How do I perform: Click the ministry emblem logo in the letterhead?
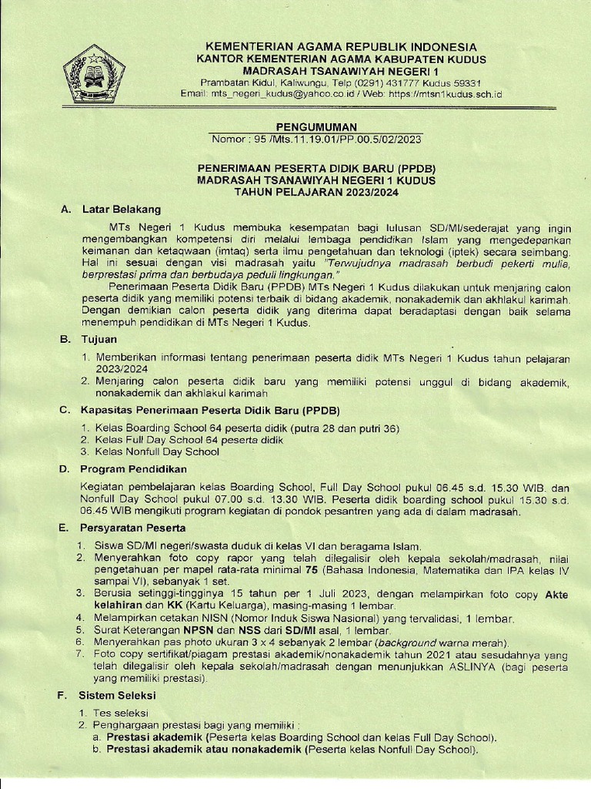(x=94, y=74)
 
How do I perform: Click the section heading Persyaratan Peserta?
(x=133, y=528)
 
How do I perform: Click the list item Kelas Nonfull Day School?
(x=157, y=452)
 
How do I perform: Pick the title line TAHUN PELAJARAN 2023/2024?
(x=315, y=193)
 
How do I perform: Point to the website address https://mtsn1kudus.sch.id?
(x=448, y=93)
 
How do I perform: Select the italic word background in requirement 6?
(x=415, y=642)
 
